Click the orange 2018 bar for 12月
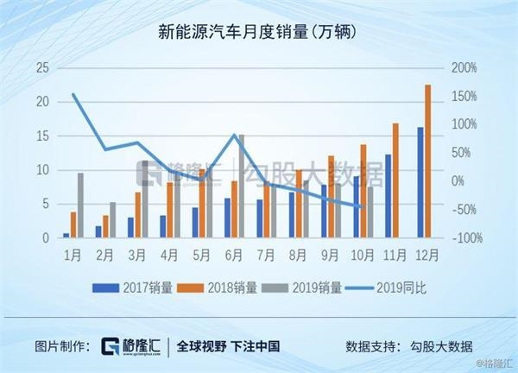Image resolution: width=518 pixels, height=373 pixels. click(427, 161)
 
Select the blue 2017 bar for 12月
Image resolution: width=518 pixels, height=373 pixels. click(420, 182)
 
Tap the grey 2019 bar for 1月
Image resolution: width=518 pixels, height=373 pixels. click(81, 205)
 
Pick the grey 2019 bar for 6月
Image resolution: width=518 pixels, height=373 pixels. click(241, 186)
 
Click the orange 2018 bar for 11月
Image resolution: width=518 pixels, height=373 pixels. click(395, 180)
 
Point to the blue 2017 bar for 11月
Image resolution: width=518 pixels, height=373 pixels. click(388, 195)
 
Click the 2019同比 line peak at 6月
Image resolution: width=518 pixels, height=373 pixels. click(236, 136)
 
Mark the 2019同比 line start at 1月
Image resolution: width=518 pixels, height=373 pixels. click(73, 94)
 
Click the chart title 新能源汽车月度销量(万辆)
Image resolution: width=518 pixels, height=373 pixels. click(258, 34)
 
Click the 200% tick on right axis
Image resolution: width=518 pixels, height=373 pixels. click(464, 68)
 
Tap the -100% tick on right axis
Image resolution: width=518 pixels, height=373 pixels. click(463, 237)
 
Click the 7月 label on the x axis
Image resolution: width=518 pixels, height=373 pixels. click(267, 256)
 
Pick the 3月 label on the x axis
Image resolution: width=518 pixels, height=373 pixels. click(137, 256)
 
